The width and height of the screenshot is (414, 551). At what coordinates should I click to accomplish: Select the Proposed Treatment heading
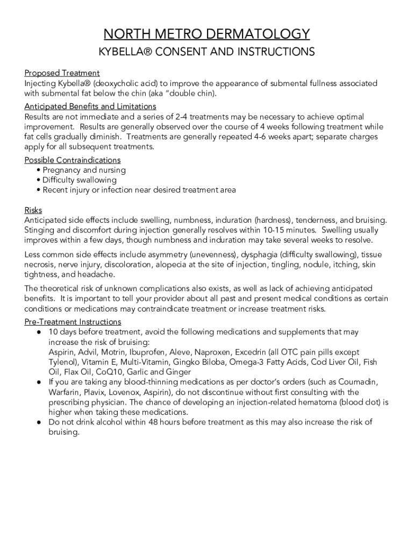pos(62,73)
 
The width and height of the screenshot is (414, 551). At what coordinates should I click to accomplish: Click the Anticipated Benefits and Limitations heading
pos(90,107)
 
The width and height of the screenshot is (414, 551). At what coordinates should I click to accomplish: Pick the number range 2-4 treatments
pos(183,117)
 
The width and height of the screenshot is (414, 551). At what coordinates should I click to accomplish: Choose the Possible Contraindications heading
pos(73,160)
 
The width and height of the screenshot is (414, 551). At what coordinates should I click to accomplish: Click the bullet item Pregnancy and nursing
pos(84,170)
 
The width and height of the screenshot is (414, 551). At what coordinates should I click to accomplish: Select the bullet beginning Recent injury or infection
pos(139,190)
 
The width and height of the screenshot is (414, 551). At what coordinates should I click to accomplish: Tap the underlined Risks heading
pos(33,210)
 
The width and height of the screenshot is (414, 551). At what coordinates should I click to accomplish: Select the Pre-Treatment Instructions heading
pos(73,322)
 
